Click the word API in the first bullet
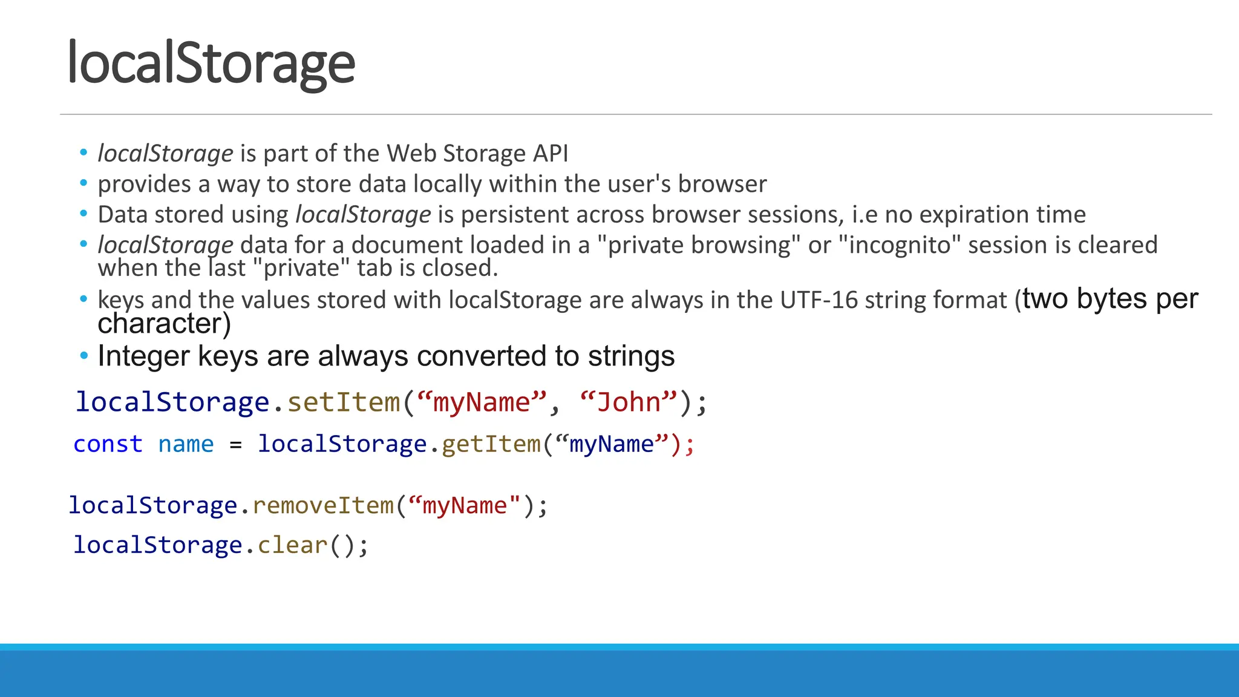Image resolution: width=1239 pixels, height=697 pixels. coord(550,154)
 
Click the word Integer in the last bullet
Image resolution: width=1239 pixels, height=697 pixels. coord(143,356)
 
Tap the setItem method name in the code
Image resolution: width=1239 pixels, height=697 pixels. coord(344,402)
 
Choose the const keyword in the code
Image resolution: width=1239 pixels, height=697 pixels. coord(108,444)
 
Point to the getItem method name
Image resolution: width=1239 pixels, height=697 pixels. coord(491,444)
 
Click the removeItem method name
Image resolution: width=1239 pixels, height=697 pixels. coord(323,506)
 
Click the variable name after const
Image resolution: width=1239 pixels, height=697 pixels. coord(186,444)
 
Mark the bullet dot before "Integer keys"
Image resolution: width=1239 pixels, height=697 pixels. coord(84,355)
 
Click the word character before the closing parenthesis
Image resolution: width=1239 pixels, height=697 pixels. coord(160,324)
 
